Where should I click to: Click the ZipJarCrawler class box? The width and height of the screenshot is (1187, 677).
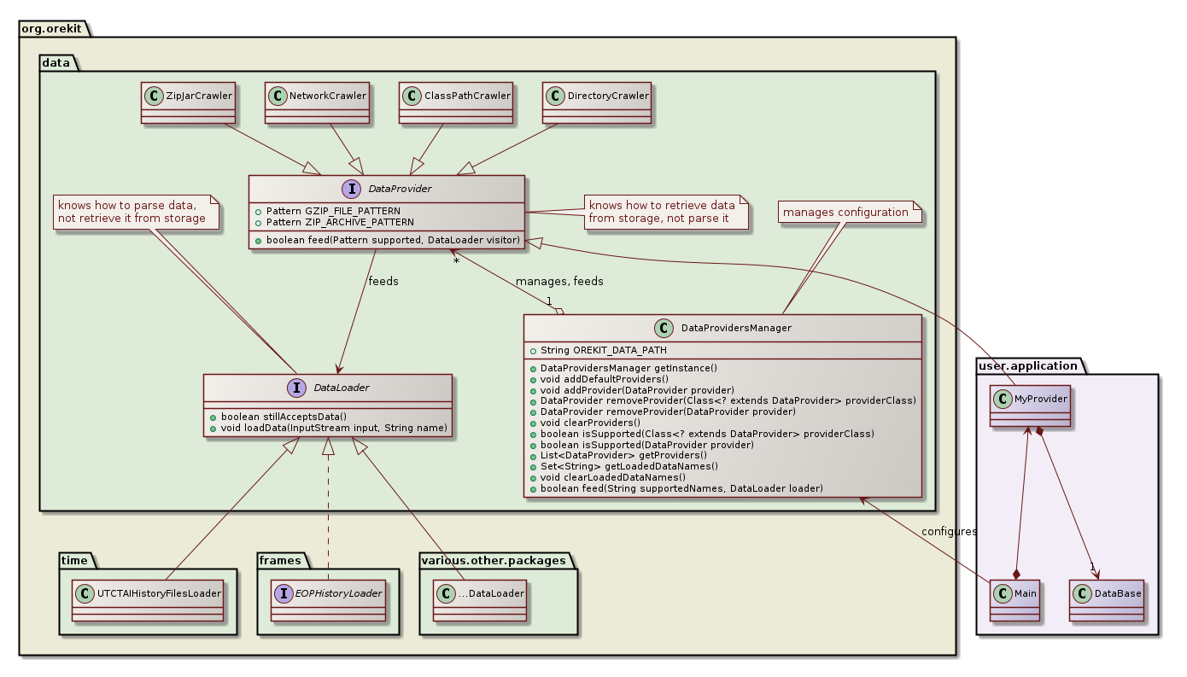(x=188, y=103)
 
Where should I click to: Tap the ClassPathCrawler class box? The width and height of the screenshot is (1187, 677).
(x=456, y=103)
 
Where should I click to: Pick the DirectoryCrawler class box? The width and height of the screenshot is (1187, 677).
(x=596, y=103)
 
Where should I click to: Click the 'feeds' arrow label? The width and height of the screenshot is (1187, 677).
(x=383, y=281)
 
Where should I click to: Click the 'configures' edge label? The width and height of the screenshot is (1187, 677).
(x=950, y=532)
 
